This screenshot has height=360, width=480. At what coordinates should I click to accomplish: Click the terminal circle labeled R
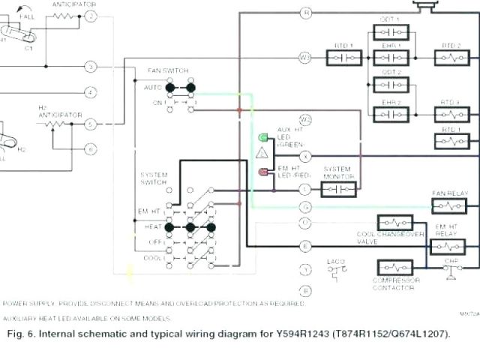coord(305,13)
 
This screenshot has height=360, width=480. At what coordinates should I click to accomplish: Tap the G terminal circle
coord(305,206)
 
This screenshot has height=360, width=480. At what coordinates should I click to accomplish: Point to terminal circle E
coord(305,245)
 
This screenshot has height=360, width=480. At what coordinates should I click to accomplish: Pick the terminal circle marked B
coord(305,290)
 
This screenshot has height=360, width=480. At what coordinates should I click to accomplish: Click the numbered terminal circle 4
coord(90,93)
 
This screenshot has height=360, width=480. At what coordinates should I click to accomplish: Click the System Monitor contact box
coord(338,189)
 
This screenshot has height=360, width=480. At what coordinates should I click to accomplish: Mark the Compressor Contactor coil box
coord(396,268)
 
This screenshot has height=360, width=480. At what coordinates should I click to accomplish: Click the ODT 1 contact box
coord(391,32)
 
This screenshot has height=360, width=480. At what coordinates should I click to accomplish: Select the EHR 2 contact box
coord(391,114)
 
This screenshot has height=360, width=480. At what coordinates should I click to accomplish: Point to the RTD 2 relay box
coord(451,56)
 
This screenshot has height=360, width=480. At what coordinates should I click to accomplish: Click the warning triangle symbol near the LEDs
coord(262,153)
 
